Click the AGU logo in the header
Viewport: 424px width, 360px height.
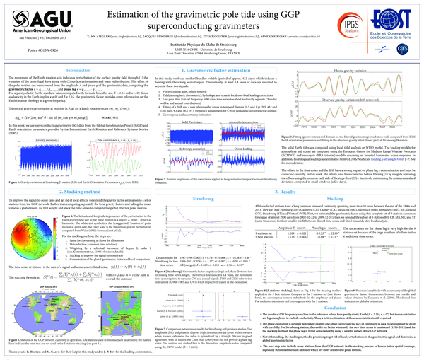coord(33,21)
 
